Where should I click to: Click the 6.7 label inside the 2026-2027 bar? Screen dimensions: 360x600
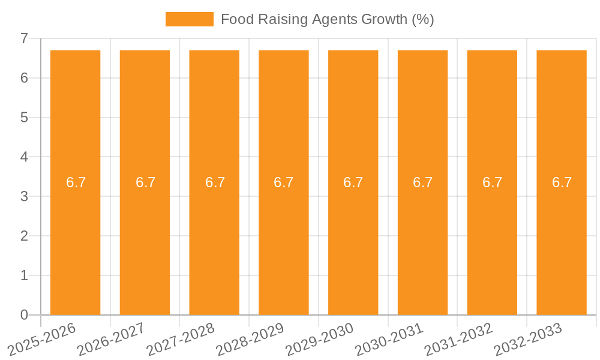145,182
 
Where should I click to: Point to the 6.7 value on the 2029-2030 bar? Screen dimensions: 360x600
353,182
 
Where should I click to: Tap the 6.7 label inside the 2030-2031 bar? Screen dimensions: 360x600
423,182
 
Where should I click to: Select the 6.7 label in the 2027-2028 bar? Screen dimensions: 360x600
215,182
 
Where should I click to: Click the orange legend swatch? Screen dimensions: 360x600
189,19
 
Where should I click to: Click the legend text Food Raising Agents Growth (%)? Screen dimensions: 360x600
327,19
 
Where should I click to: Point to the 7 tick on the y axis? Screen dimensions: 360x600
24,38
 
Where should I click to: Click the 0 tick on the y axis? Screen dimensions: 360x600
24,315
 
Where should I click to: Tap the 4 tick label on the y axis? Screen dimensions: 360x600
24,157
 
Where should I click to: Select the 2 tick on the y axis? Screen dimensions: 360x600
24,236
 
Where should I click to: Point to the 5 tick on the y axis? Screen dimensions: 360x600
24,118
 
